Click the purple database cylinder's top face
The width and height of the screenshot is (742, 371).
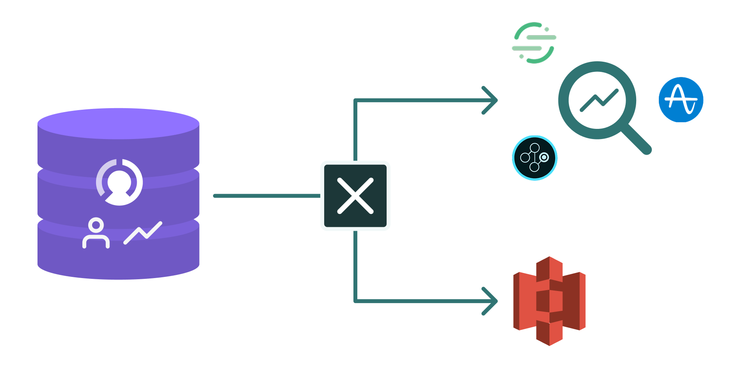(x=118, y=123)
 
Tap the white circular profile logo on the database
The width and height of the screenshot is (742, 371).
(x=120, y=182)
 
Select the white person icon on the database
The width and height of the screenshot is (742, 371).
(x=96, y=234)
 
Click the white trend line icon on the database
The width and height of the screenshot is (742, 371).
(x=143, y=233)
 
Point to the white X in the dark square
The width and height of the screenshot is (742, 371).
(x=355, y=196)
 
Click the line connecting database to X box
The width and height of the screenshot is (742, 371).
(x=267, y=196)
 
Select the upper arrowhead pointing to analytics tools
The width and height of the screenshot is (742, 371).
(x=491, y=100)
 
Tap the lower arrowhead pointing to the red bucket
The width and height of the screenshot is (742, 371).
(x=491, y=301)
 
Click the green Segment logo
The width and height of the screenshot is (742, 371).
(x=533, y=43)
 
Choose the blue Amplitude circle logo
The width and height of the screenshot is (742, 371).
(x=681, y=100)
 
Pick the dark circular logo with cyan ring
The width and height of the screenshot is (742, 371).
(x=535, y=158)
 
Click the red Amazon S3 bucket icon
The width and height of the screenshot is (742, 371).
(x=549, y=301)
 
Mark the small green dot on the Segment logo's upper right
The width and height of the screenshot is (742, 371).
(x=547, y=29)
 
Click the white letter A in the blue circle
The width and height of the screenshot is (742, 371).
(x=680, y=99)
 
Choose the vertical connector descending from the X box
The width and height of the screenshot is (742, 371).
(x=355, y=266)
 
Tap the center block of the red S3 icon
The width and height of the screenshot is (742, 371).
(x=549, y=301)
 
